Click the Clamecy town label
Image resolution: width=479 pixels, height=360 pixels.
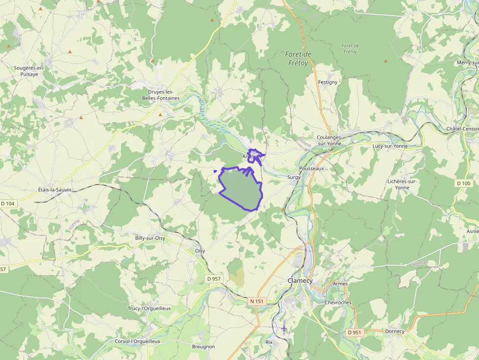(x=300, y=281)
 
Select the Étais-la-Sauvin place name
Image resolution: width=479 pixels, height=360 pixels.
(x=54, y=190)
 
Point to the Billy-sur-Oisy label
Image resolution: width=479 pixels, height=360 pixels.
(x=150, y=238)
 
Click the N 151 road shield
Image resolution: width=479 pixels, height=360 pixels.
(x=257, y=301)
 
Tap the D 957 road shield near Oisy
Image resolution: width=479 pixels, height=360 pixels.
(x=213, y=278)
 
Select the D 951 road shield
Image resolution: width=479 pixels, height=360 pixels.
(x=355, y=332)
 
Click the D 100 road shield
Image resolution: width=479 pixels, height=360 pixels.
(x=463, y=183)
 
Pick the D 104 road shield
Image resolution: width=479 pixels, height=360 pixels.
(x=7, y=203)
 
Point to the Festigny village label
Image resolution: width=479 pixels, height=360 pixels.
(x=327, y=82)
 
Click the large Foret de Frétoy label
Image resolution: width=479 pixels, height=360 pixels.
(x=298, y=59)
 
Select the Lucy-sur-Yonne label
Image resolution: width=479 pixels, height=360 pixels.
(x=391, y=146)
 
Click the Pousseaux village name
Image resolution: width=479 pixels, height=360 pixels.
(x=311, y=168)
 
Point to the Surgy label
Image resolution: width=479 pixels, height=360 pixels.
(x=294, y=177)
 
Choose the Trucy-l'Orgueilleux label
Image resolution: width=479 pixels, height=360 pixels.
(x=149, y=308)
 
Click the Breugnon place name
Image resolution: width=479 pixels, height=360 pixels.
(x=203, y=346)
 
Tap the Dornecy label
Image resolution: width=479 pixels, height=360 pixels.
(x=395, y=331)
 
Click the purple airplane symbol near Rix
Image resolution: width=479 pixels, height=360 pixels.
(x=284, y=328)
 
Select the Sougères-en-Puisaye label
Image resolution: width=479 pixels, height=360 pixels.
(x=29, y=71)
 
